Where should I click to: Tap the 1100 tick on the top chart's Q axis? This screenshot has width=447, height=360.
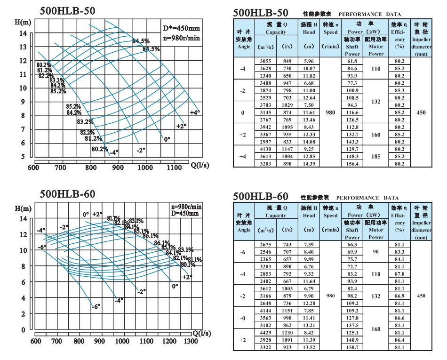pos(174,167)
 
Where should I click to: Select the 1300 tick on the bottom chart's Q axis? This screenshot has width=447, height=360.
pos(190,341)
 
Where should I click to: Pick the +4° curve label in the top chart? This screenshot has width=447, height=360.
pos(195,112)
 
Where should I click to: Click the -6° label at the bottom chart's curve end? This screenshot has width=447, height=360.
pos(96,306)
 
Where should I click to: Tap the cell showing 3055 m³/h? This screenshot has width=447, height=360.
pos(266,61)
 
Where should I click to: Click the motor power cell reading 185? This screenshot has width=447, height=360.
pos(375,156)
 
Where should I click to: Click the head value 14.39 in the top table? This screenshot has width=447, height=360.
pos(309,164)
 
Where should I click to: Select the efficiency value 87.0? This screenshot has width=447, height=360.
pos(399,274)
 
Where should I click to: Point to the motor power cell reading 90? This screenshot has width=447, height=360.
pos(375,252)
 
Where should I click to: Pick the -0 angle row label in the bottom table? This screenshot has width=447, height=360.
pos(242,318)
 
